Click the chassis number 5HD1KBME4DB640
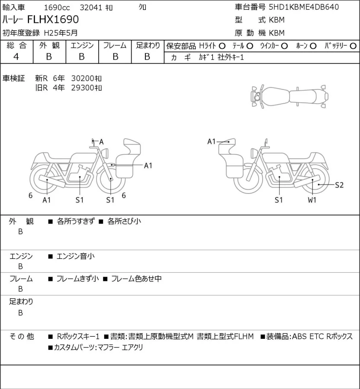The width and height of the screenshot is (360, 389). coord(304,7)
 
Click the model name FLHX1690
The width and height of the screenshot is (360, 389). coord(53,19)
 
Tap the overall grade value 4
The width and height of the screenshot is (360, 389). coord(16,57)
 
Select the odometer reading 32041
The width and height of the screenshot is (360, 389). coord(91,8)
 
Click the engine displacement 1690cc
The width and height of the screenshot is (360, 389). coord(57,8)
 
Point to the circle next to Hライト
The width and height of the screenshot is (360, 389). coord(222,46)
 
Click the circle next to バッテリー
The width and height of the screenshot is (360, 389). coord(353,46)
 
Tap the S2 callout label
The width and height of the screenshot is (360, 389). coord(339,185)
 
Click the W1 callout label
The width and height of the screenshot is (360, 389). coord(312,200)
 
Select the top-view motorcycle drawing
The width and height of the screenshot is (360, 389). coord(289,96)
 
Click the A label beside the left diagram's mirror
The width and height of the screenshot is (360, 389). coord(101,142)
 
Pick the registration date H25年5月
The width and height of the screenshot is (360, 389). coord(61,33)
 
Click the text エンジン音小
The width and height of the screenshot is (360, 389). coord(75,256)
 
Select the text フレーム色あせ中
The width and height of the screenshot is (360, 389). coord(136,279)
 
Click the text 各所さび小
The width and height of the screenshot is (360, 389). coord(124,221)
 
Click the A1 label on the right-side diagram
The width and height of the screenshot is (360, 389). coord(212,142)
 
